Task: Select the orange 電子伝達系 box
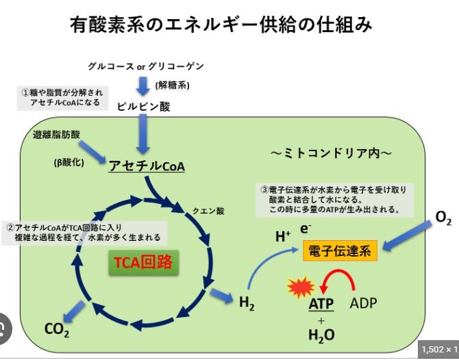tap(340, 251)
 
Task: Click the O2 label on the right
tap(443, 218)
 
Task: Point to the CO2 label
tap(57, 330)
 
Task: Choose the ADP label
tap(364, 302)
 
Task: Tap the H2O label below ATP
tap(321, 335)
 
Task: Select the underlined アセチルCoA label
tap(146, 166)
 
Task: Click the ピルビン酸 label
tap(144, 106)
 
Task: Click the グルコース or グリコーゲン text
tap(146, 66)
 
